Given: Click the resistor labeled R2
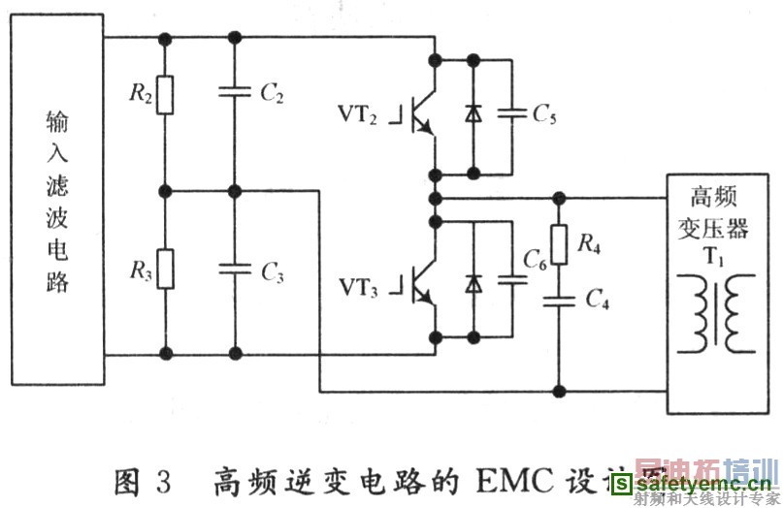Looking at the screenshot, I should tap(166, 95).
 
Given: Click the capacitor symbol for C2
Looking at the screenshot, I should tap(234, 94).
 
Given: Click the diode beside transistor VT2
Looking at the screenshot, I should tap(473, 114).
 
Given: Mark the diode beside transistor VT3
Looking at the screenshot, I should tap(473, 283).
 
